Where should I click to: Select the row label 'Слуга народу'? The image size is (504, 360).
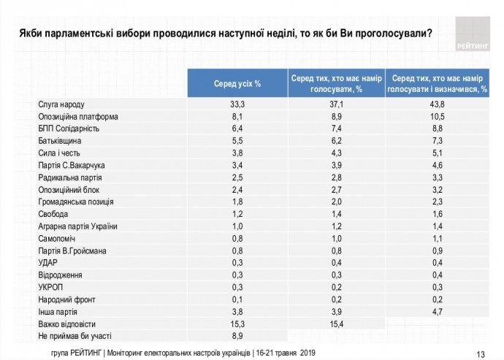61,105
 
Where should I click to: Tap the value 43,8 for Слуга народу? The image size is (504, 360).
439,105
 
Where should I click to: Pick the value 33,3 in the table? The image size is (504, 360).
237,105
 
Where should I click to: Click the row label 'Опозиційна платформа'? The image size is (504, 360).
78,117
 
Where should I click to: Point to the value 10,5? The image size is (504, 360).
439,117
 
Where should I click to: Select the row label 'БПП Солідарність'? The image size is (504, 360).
68,129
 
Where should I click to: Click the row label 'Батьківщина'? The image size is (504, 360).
60,140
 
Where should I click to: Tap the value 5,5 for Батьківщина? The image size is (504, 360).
237,140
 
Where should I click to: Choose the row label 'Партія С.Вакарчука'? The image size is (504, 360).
72,165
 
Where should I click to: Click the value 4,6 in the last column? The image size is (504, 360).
439,165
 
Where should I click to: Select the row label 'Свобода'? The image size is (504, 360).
53,214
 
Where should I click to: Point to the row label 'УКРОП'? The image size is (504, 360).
51,287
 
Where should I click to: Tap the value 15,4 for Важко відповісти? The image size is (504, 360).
337,323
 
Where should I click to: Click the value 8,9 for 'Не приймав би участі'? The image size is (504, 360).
237,335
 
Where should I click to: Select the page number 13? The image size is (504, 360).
480,349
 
